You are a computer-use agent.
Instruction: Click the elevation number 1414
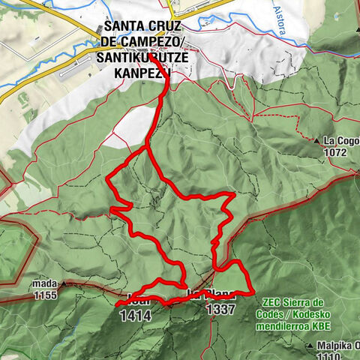click(x=135, y=316)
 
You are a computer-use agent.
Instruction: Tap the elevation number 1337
click(x=222, y=309)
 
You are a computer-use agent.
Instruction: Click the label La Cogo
click(x=341, y=141)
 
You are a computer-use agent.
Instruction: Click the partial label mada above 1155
click(x=46, y=285)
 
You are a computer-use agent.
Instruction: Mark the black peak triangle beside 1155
click(x=65, y=284)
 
